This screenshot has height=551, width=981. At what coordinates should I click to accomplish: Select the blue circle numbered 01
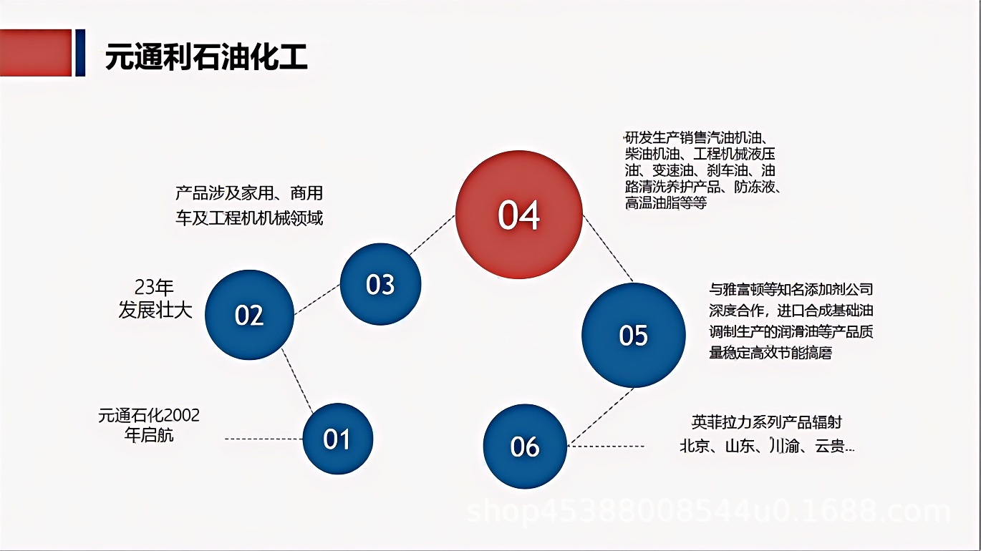click(337, 439)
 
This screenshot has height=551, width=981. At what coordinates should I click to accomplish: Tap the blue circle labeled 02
click(249, 315)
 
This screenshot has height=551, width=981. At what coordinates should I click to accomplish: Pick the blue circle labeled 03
click(380, 284)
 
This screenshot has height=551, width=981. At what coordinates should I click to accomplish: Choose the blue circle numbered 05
click(633, 335)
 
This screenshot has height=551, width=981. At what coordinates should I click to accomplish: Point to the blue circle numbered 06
click(525, 447)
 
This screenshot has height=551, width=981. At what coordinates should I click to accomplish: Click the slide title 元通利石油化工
click(206, 57)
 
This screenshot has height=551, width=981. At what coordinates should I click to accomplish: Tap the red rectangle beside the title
click(36, 52)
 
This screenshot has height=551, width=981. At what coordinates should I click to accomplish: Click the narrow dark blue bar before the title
click(80, 52)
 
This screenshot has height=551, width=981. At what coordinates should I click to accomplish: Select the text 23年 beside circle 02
click(155, 288)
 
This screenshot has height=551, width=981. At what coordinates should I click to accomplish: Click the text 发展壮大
click(155, 311)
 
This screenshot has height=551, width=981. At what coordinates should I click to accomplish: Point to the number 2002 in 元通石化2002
click(182, 415)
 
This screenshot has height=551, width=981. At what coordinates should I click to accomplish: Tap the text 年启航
click(149, 435)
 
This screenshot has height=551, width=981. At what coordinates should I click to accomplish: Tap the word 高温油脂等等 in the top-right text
click(666, 203)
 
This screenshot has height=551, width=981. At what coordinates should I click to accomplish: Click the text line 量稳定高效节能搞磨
click(770, 352)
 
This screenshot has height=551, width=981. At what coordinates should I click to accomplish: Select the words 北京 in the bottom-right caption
click(695, 447)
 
